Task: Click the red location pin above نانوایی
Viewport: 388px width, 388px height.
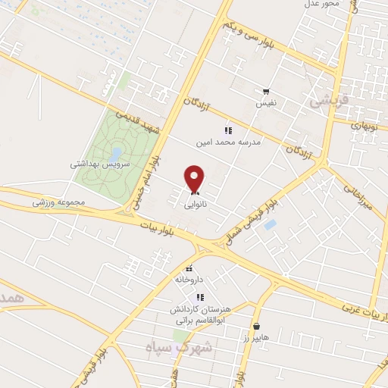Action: (x=196, y=178)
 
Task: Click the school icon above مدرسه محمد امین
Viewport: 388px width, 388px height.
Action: (x=228, y=130)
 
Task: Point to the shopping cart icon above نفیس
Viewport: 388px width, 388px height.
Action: (x=266, y=91)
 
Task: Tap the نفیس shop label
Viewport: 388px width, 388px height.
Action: (x=266, y=102)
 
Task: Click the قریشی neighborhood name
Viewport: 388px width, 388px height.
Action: (x=327, y=99)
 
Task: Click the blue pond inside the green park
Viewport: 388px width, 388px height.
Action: (x=115, y=155)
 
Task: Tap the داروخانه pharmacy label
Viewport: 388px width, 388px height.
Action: (x=190, y=279)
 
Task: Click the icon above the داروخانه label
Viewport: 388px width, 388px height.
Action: (x=189, y=268)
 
